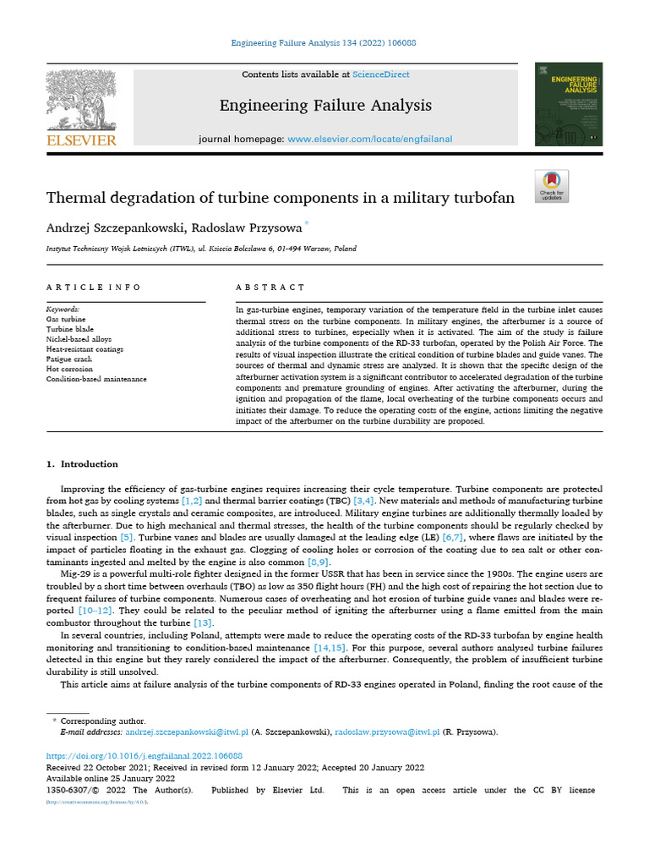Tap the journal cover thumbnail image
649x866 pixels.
point(568,104)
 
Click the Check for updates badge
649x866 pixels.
point(552,186)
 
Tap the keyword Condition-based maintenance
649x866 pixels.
point(96,379)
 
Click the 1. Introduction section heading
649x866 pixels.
point(82,464)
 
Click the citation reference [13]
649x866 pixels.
point(203,622)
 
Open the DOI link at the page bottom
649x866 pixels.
point(145,755)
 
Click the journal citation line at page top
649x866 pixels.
point(324,42)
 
